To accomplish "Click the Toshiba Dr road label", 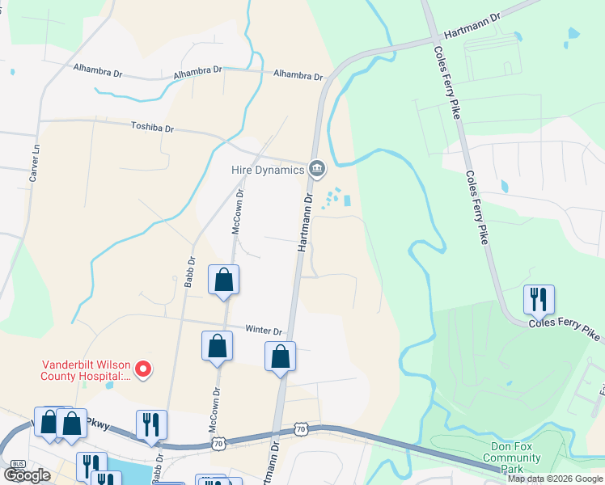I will (x=153, y=127).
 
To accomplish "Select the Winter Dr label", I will (x=264, y=331).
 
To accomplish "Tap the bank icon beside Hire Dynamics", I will (x=317, y=169).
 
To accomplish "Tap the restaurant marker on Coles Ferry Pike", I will (x=538, y=300).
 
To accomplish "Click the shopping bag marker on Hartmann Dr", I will (x=280, y=357).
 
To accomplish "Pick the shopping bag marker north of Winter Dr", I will (x=224, y=280).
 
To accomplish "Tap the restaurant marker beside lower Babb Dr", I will (x=151, y=425).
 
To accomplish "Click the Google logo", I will (x=27, y=475).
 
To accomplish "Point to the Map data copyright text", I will (x=555, y=479).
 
